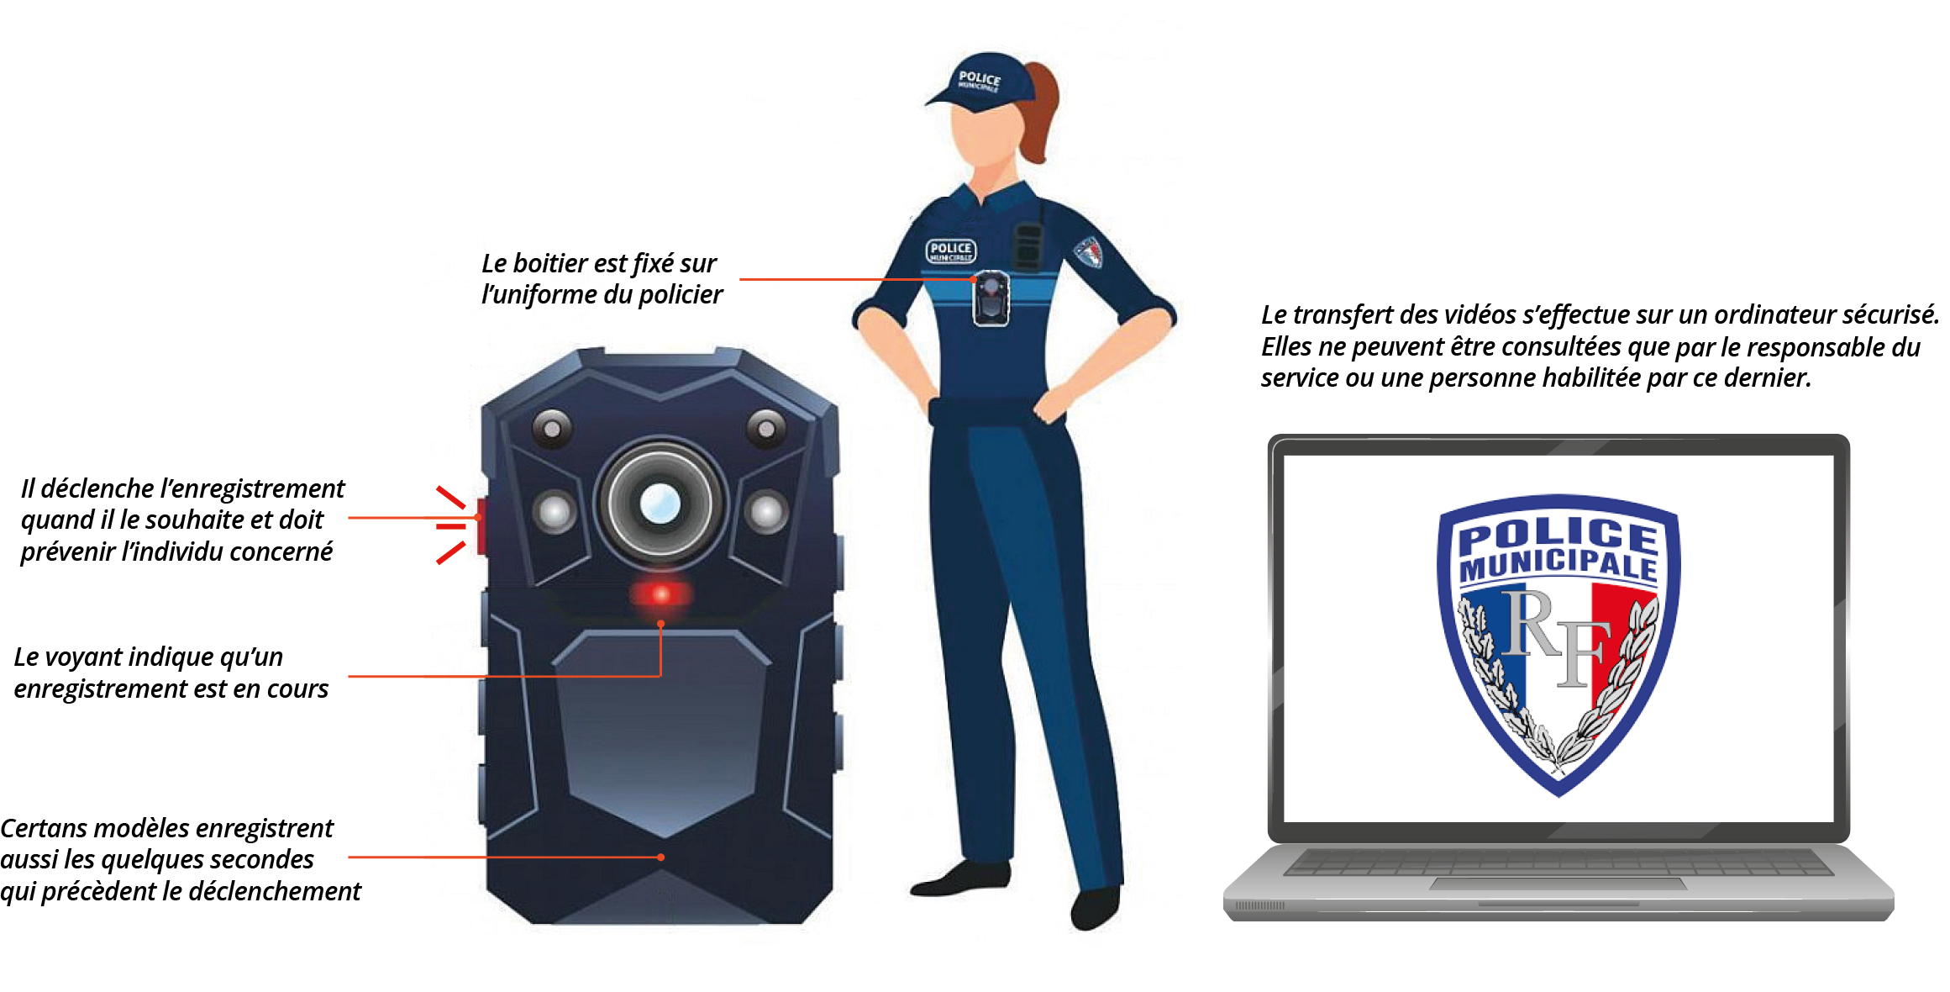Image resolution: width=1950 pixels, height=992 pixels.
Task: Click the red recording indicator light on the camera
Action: [661, 594]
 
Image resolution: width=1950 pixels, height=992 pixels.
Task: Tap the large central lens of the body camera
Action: [660, 503]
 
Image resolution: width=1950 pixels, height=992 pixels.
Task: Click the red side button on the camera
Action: [481, 525]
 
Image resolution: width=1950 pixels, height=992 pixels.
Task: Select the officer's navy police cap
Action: [976, 81]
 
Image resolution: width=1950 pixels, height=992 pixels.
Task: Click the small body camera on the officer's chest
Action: [991, 298]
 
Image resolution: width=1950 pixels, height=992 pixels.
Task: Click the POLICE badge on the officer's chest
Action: [950, 251]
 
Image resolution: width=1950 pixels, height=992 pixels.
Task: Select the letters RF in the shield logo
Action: [1556, 637]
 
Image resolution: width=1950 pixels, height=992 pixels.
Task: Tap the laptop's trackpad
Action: [1558, 883]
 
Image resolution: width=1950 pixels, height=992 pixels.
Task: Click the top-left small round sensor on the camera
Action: [552, 429]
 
